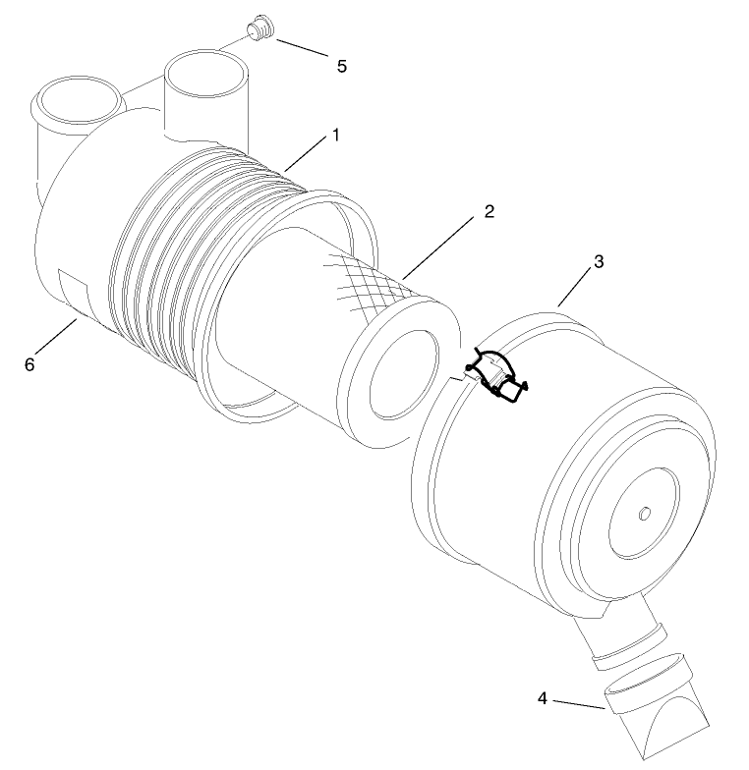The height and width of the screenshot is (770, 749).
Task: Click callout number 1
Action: [335, 135]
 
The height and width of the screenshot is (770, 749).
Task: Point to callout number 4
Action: [542, 698]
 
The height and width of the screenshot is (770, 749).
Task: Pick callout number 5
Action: [341, 66]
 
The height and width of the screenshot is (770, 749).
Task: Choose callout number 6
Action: [29, 363]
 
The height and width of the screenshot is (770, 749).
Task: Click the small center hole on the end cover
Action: [644, 515]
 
